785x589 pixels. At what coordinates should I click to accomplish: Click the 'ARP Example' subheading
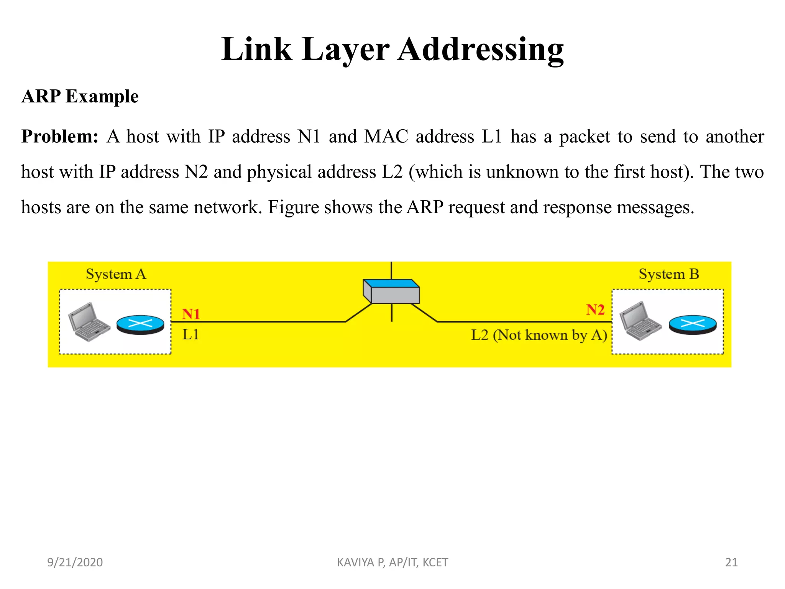coord(80,96)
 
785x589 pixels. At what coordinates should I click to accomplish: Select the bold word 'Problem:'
coord(60,137)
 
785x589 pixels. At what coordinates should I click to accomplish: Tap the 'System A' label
coord(116,274)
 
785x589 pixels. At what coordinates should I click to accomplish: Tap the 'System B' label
coord(669,274)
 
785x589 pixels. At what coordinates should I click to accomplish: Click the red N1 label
coord(191,314)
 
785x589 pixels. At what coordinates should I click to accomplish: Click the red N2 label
coord(595,310)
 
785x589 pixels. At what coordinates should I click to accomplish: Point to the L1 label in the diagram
coord(191,335)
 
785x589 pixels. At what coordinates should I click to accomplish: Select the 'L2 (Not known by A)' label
coord(539,335)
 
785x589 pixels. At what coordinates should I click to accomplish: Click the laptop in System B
coord(640,321)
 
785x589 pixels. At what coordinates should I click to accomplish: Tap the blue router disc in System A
coord(140,324)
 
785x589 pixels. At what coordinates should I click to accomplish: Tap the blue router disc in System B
coord(693,324)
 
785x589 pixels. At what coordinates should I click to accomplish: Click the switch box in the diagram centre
coord(391,291)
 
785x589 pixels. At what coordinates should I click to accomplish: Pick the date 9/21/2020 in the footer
coord(75,562)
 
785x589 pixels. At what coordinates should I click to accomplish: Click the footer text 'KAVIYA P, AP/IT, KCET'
coord(392,562)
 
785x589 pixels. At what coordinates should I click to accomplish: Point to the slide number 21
coord(731,562)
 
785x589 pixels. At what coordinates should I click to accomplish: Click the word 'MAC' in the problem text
coord(386,137)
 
